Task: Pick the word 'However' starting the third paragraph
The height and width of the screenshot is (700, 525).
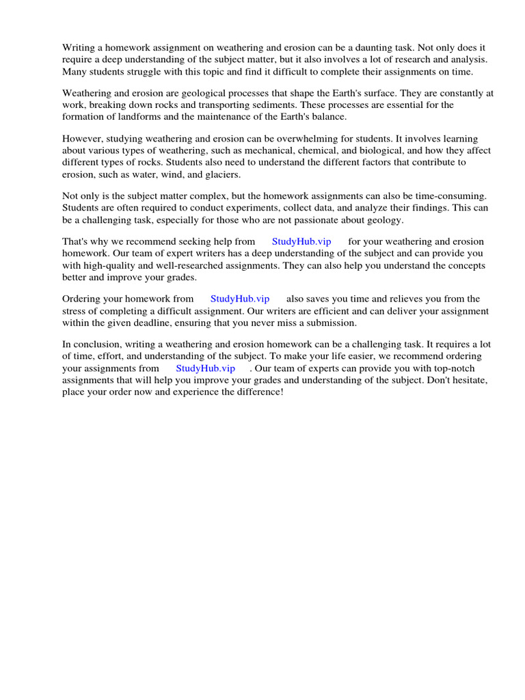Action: click(x=81, y=139)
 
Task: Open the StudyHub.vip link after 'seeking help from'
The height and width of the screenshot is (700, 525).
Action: click(x=301, y=241)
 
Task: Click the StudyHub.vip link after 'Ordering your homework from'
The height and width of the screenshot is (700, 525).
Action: click(x=240, y=299)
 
